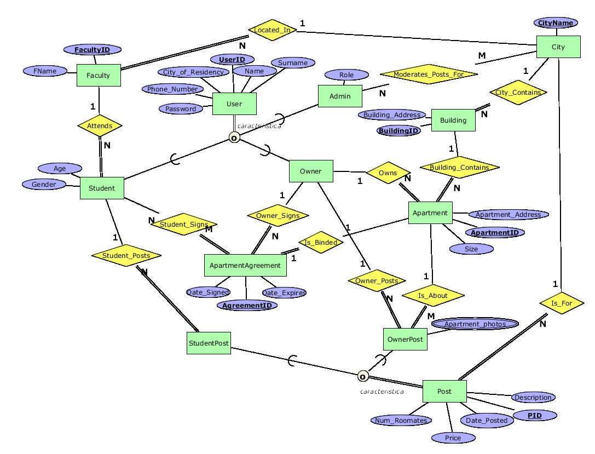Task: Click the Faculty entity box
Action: [99, 76]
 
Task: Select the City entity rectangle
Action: [558, 47]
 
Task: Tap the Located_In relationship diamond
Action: [272, 30]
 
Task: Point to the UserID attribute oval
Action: [232, 59]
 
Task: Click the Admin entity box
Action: [340, 96]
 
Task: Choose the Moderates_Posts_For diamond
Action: [428, 74]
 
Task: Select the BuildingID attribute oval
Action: [399, 131]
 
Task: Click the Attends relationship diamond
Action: [100, 126]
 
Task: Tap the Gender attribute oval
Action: [44, 185]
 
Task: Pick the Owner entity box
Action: [311, 171]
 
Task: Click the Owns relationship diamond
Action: [388, 173]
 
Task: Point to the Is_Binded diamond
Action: [321, 243]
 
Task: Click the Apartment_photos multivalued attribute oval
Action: [475, 324]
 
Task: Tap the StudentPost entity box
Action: [209, 343]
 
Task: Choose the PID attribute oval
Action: [534, 416]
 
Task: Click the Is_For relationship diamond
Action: [561, 302]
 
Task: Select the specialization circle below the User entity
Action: [234, 137]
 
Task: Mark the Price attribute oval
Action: [453, 438]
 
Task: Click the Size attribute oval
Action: [471, 249]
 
